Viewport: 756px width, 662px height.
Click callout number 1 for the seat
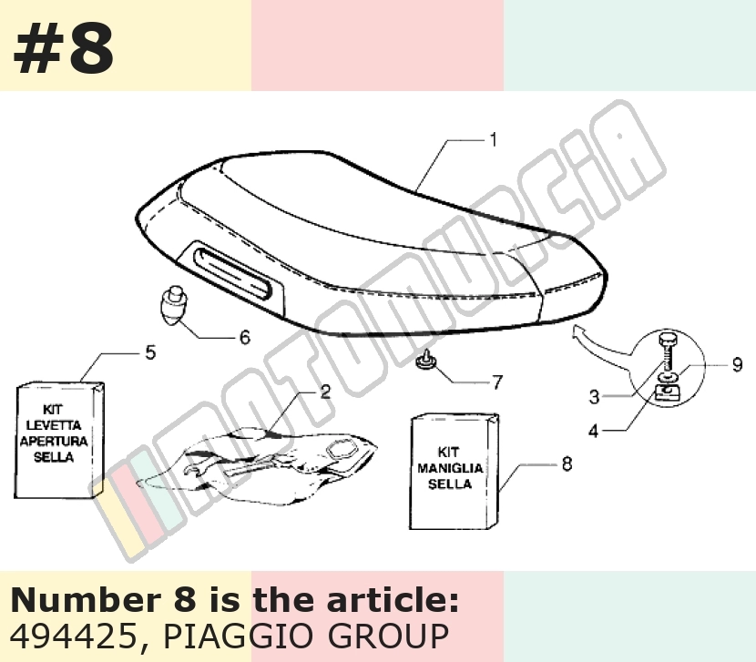[x=493, y=140]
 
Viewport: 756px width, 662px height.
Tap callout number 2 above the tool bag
[x=325, y=392]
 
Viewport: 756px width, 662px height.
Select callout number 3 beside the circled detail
[x=594, y=397]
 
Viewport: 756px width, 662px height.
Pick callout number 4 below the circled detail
[x=594, y=431]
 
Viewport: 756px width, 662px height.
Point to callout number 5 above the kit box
[x=151, y=352]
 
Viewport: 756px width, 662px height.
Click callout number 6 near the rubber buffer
[x=245, y=337]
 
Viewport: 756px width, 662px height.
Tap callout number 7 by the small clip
[x=497, y=382]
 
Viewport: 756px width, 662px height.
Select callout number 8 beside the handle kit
[x=567, y=463]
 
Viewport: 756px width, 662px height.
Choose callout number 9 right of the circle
[x=737, y=364]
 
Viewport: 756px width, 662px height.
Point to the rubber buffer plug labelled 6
[x=174, y=306]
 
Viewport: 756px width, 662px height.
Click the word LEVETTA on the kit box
[x=54, y=425]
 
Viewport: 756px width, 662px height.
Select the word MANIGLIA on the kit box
[x=450, y=468]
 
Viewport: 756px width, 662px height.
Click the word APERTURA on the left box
[x=54, y=441]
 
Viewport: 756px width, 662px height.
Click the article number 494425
[x=74, y=636]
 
